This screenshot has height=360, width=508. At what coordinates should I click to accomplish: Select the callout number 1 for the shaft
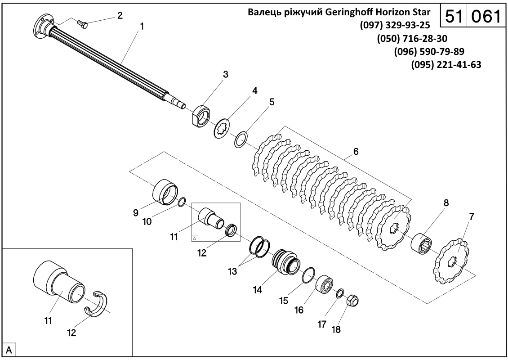pyautogui.click(x=142, y=27)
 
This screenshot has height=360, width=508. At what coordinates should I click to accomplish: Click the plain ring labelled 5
pyautogui.click(x=241, y=139)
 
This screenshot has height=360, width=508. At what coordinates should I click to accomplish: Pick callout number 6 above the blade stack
pyautogui.click(x=356, y=152)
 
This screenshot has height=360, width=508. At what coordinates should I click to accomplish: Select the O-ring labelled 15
pyautogui.click(x=308, y=274)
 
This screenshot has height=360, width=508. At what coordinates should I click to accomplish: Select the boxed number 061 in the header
pyautogui.click(x=485, y=17)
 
